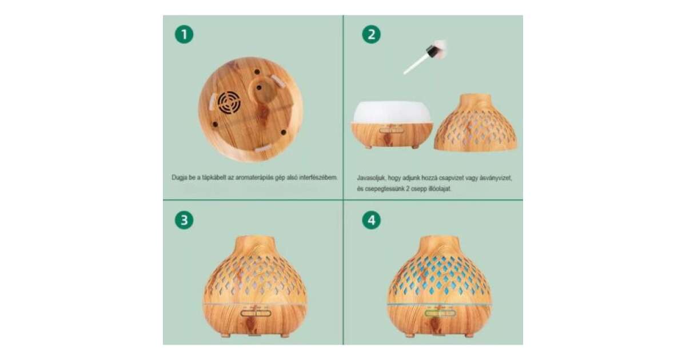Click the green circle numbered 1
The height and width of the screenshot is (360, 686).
point(184,34)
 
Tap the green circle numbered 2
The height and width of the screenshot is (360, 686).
point(371,34)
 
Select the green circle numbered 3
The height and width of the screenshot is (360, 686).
point(184,220)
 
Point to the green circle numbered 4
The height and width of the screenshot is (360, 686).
point(371,220)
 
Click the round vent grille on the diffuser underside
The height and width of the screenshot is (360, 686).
point(229,103)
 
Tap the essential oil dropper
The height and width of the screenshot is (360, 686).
point(425,57)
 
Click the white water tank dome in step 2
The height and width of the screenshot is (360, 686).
point(393,112)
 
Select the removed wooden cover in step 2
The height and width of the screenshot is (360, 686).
point(476,122)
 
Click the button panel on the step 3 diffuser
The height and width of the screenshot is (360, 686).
point(256,313)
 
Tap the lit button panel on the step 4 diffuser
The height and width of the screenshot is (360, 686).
point(440,313)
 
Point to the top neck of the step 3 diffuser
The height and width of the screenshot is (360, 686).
point(255,245)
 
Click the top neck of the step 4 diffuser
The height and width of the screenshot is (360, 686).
point(439,245)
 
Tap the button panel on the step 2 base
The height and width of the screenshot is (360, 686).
point(391,130)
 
